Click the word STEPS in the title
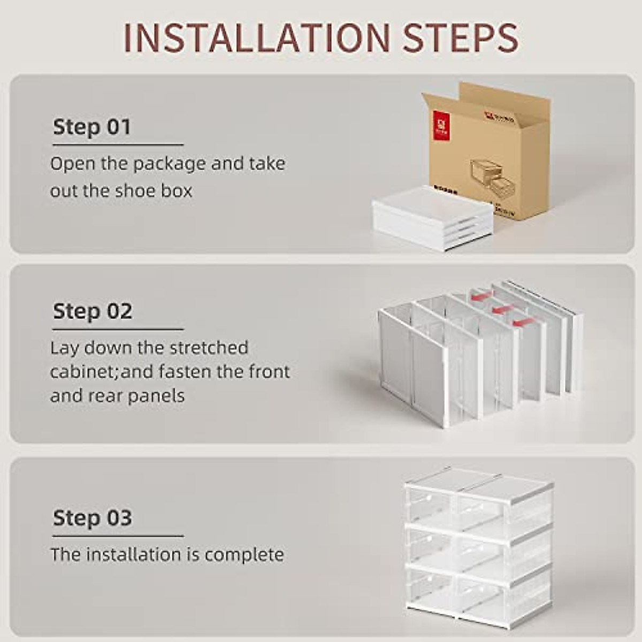[460, 37]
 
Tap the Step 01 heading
[92, 127]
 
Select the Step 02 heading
[92, 311]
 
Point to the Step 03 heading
[92, 518]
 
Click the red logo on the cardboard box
[440, 126]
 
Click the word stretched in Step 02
[209, 348]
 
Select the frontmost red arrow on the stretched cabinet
[523, 322]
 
